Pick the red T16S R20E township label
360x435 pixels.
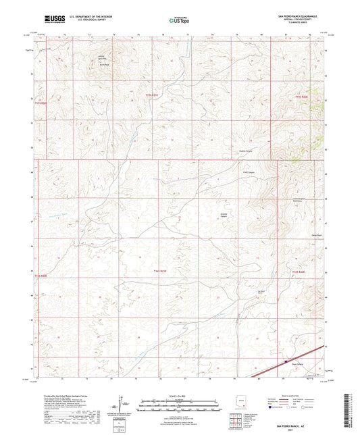click(x=42, y=276)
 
